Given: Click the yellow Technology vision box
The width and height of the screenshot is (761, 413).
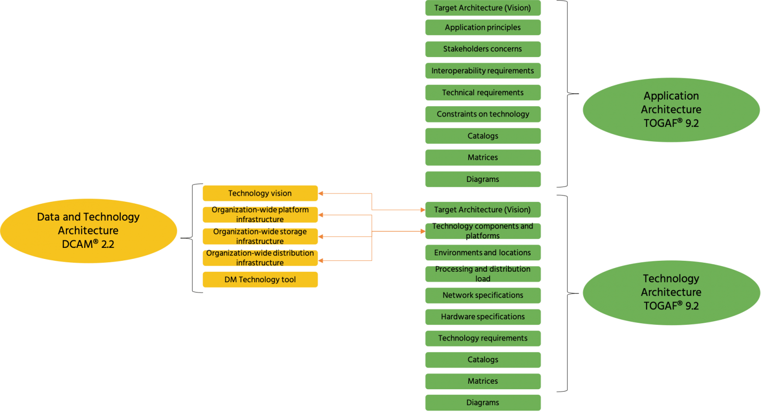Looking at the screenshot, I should click(x=260, y=193).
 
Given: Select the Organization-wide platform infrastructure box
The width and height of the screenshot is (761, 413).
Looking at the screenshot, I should click(x=260, y=215).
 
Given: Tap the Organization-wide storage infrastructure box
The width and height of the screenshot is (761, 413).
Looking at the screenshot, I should click(x=260, y=236).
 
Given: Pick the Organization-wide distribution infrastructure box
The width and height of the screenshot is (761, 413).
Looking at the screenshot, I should click(x=260, y=258).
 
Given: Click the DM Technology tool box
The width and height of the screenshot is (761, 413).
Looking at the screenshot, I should click(x=260, y=280).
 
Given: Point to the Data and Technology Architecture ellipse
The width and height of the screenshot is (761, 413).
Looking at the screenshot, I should click(x=89, y=231).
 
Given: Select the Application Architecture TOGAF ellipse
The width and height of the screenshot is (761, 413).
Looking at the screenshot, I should click(x=671, y=110).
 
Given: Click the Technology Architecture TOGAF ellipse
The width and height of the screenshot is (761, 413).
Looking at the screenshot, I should click(x=671, y=293).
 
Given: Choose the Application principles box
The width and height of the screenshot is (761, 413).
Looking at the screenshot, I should click(x=483, y=28).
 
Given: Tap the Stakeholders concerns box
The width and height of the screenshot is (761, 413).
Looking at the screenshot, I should click(x=483, y=49).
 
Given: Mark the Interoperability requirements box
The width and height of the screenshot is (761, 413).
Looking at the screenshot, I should click(x=483, y=71).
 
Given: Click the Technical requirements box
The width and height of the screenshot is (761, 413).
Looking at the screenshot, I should click(x=483, y=93).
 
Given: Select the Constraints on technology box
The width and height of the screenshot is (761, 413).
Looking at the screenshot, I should click(x=483, y=114).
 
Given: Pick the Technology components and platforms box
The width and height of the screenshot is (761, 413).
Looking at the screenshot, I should click(x=483, y=231).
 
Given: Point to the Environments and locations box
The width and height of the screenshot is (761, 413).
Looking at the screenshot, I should click(x=483, y=253).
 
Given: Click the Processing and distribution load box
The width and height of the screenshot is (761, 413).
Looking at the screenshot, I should click(x=483, y=274).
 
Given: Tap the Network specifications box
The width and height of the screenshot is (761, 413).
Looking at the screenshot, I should click(x=483, y=295).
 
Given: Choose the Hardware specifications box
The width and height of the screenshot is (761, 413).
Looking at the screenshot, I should click(x=483, y=317).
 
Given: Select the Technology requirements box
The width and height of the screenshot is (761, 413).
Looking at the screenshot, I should click(x=483, y=339).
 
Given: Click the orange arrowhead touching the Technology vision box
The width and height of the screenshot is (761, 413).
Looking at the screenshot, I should click(x=322, y=193).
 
